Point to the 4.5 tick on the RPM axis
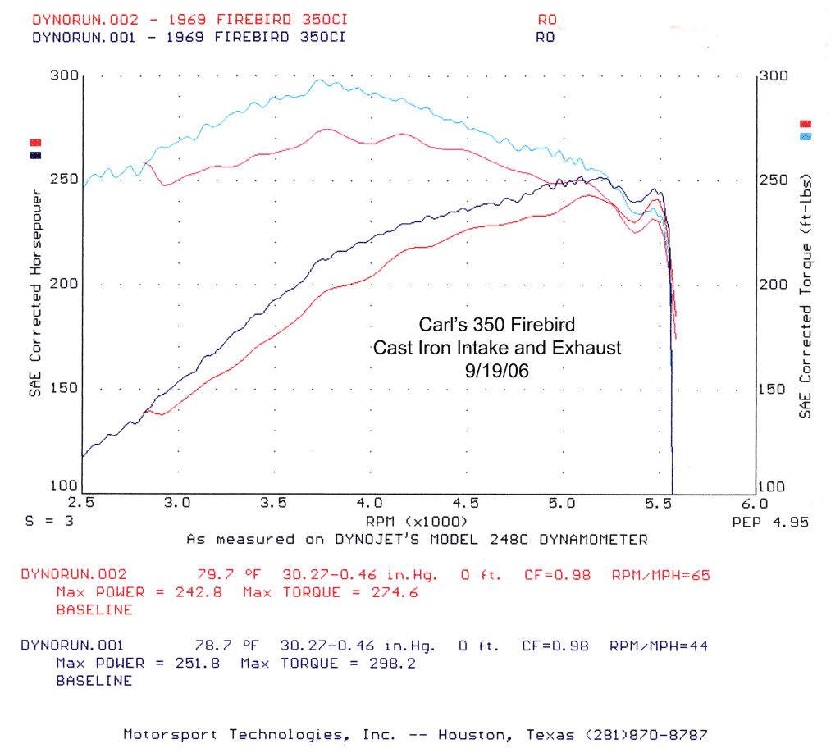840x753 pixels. click(466, 502)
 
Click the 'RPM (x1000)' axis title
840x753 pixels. click(418, 521)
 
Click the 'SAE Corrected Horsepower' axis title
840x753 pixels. click(36, 293)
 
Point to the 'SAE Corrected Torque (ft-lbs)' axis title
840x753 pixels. click(806, 294)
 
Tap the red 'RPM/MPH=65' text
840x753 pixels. click(660, 575)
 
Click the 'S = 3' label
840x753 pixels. click(44, 521)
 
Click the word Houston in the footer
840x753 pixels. click(469, 734)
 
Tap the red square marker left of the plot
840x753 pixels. click(35, 143)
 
